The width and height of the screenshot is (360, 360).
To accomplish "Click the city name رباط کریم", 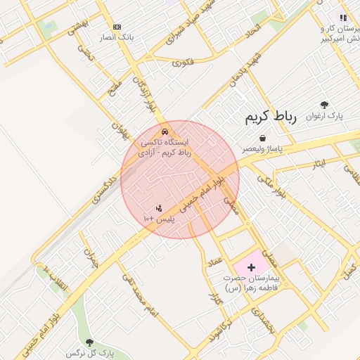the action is click(271, 117).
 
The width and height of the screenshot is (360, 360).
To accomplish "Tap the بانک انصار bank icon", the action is click(117, 27).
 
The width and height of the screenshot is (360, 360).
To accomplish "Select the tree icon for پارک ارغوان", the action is click(324, 105).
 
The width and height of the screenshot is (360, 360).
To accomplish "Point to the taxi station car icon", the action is click(165, 131).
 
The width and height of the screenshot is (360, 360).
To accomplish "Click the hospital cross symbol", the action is click(252, 267).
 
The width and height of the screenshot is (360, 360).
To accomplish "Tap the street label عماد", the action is click(214, 264).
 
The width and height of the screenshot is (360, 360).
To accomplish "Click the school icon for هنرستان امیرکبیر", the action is click(342, 18).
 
